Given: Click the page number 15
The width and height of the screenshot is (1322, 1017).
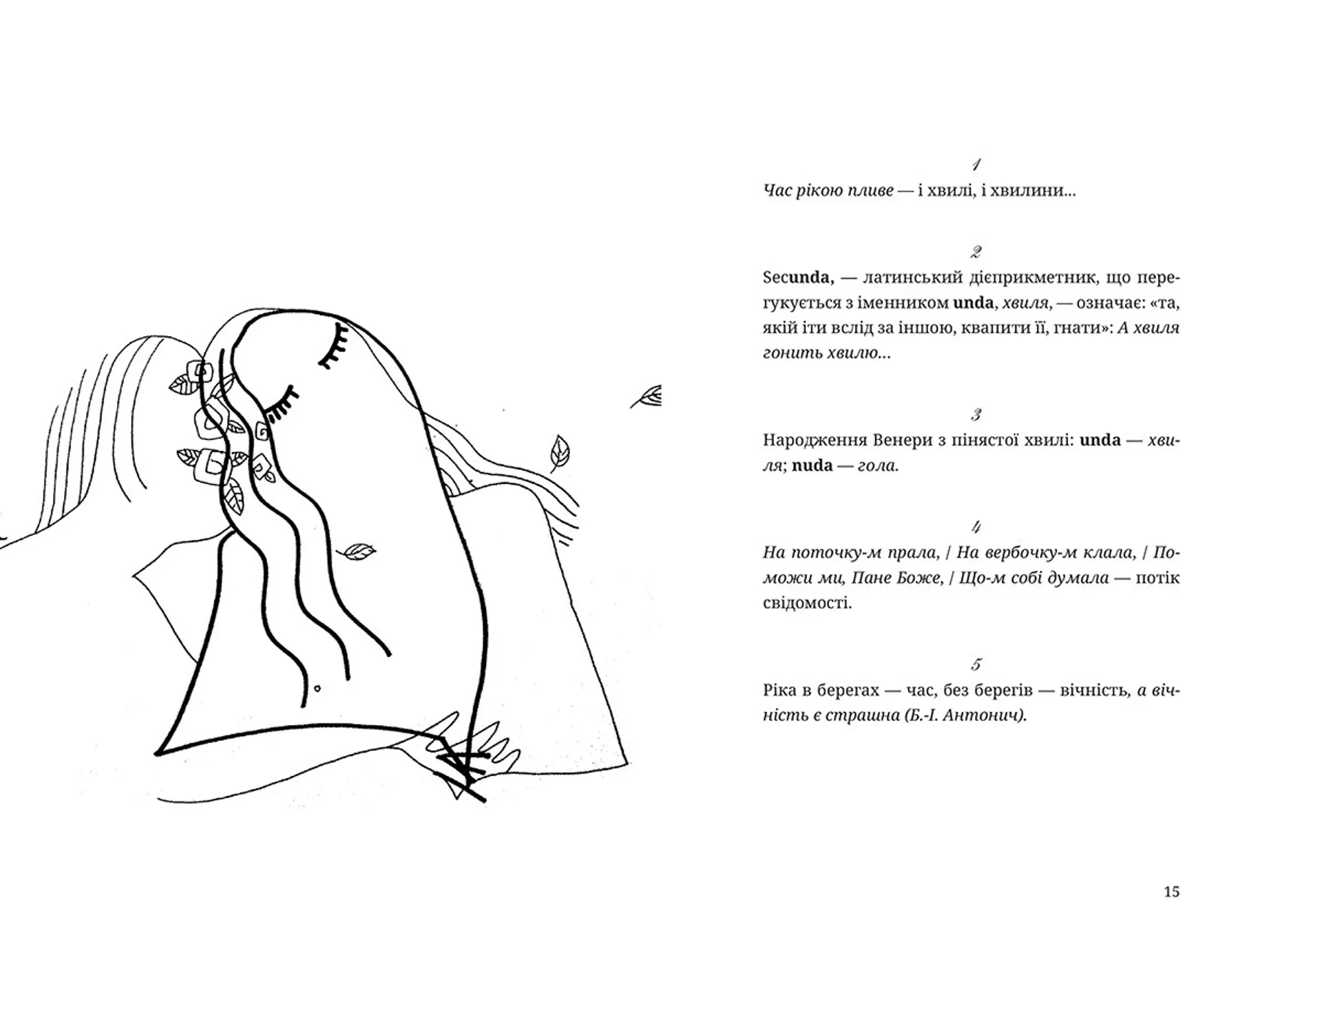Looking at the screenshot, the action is (x=1171, y=892).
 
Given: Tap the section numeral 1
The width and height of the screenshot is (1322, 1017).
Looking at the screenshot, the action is (x=976, y=165).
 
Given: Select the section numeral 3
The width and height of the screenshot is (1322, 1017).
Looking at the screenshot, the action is (x=976, y=415).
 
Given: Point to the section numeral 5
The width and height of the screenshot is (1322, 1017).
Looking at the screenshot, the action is (x=976, y=664).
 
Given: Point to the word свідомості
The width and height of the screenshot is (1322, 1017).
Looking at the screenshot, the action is (x=807, y=604).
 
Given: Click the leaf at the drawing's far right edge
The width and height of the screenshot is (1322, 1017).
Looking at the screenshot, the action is (x=647, y=397).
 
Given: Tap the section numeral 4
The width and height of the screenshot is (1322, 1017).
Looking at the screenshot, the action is (x=976, y=527).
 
